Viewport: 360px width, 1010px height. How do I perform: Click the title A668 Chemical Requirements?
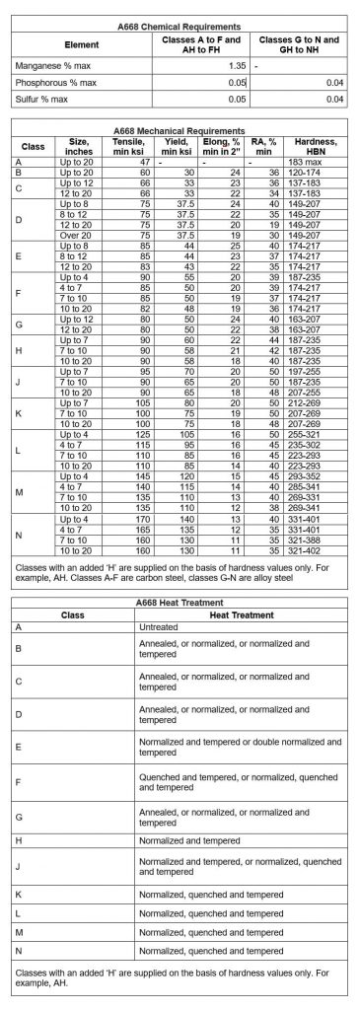tap(180, 25)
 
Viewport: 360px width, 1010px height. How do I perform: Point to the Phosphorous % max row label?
tap(54, 82)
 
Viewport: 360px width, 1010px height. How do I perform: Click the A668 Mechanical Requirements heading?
tap(180, 129)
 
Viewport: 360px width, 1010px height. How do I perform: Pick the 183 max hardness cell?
tap(323, 161)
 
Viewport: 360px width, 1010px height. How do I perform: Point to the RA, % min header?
tap(263, 146)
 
